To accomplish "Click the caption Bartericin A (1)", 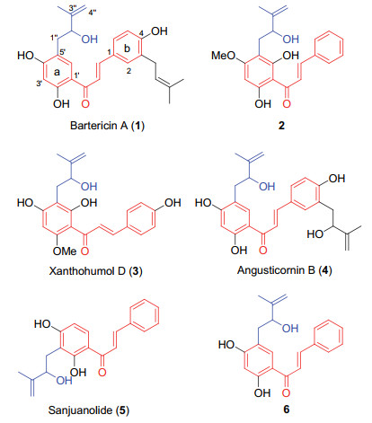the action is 107,126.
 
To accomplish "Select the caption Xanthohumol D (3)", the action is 95,271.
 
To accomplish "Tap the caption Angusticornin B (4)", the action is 285,270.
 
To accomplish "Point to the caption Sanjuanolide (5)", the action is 89,410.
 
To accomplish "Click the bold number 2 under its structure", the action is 281,126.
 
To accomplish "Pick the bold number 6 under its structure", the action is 287,410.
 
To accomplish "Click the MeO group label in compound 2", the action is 224,56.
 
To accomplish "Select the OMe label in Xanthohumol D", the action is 65,251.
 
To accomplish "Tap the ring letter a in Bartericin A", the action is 57,72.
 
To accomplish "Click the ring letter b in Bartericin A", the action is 127,48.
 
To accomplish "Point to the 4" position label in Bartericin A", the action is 93,13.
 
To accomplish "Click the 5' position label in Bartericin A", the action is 63,51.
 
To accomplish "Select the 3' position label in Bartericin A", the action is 39,84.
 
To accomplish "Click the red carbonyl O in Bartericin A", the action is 85,104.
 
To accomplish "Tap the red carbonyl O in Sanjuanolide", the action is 102,372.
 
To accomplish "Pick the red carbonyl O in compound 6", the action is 286,392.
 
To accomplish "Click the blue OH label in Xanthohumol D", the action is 89,187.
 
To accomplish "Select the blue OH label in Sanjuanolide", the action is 64,381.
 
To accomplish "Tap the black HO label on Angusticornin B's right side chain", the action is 315,234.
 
